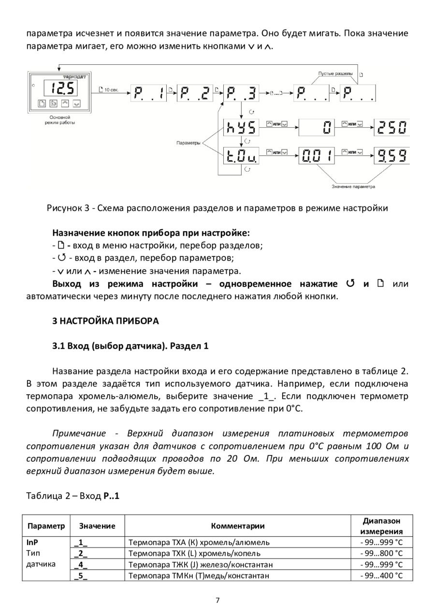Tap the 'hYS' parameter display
coord(241,128)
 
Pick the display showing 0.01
coord(317,156)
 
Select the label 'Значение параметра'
coord(353,186)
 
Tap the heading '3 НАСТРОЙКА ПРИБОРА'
coord(105,321)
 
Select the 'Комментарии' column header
coord(237,526)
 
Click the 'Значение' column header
coord(97,526)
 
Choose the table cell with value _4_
coord(81,564)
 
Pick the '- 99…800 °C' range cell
coord(381,553)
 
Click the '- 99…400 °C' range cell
coord(381,575)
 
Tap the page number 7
coord(217,601)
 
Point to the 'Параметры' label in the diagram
coord(188,143)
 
